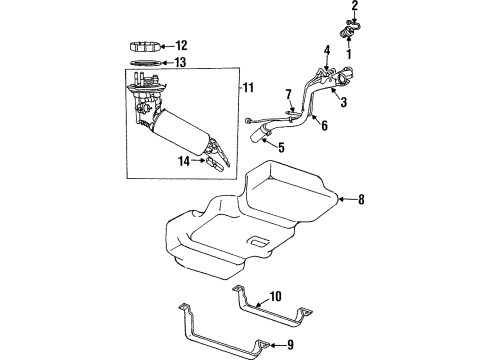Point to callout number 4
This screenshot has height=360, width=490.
click(x=326, y=50)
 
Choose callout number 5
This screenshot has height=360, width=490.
click(x=280, y=148)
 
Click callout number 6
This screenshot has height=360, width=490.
click(x=324, y=125)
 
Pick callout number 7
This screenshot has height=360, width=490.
click(x=288, y=95)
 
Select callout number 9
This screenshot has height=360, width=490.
click(x=291, y=346)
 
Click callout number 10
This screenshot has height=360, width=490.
click(x=277, y=296)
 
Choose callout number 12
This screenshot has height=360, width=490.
click(x=181, y=45)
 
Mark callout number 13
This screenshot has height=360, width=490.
click(x=181, y=62)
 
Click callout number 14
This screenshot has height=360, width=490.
click(x=182, y=159)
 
